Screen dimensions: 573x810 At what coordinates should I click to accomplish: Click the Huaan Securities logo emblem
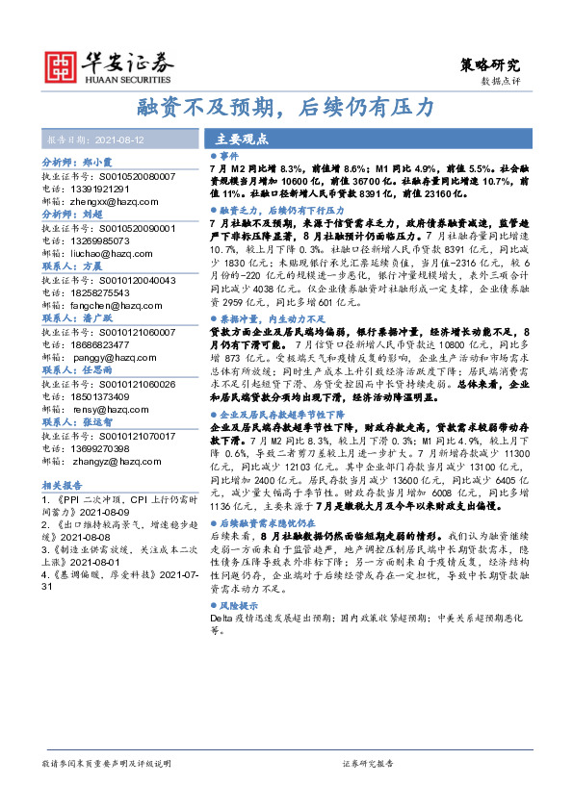(x=65, y=64)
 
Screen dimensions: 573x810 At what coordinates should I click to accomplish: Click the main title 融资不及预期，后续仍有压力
(x=285, y=106)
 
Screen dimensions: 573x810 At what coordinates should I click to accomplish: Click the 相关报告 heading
(x=64, y=487)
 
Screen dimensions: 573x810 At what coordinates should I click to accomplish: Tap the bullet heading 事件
(x=227, y=154)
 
